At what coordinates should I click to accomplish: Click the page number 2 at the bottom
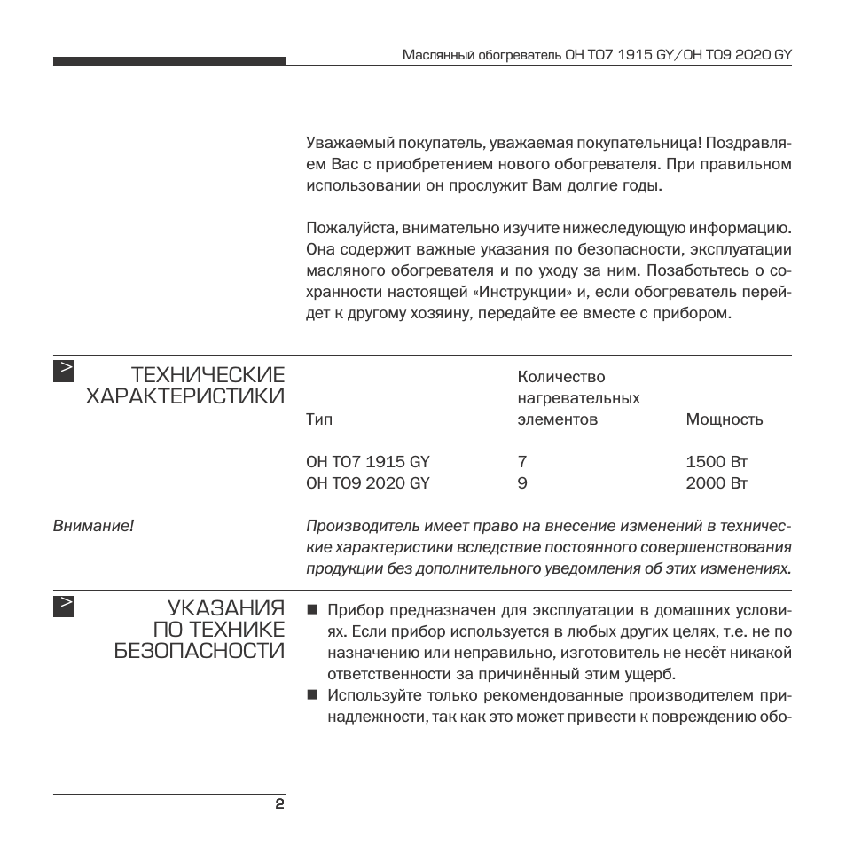278,805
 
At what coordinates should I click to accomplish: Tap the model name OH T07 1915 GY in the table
367,462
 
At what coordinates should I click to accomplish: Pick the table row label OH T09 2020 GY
367,483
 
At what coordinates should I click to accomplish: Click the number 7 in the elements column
521,462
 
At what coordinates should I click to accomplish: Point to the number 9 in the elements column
521,483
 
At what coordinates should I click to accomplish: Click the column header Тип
319,419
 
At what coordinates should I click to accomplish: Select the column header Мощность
724,419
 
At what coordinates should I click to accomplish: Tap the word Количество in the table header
560,377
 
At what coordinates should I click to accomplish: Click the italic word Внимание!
93,526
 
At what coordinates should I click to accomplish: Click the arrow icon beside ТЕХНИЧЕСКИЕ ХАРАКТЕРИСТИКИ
64,370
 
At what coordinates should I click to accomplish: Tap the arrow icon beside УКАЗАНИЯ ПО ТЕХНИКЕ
64,605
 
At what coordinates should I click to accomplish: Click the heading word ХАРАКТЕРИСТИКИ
185,396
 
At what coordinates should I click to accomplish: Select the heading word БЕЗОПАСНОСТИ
200,652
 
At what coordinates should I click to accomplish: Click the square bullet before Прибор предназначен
312,610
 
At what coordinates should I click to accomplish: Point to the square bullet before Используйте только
312,694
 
